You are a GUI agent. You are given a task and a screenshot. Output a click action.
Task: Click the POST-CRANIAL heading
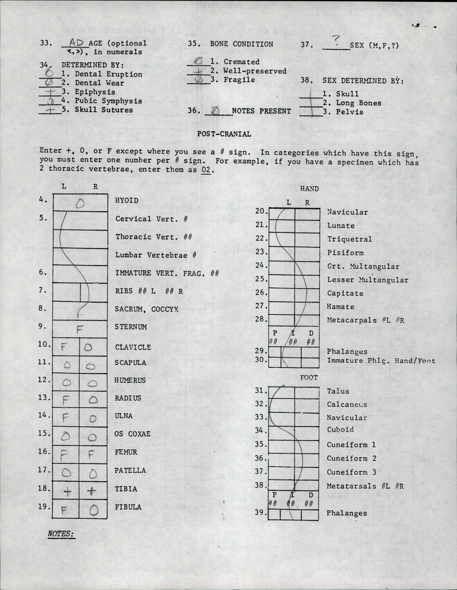(224, 134)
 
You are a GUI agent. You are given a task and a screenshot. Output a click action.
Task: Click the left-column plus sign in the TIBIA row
(67, 492)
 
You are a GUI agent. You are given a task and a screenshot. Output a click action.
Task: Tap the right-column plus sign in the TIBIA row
(92, 491)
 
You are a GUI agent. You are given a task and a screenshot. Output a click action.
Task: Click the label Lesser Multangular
(368, 280)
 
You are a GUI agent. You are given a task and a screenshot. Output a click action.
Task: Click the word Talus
(338, 391)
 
